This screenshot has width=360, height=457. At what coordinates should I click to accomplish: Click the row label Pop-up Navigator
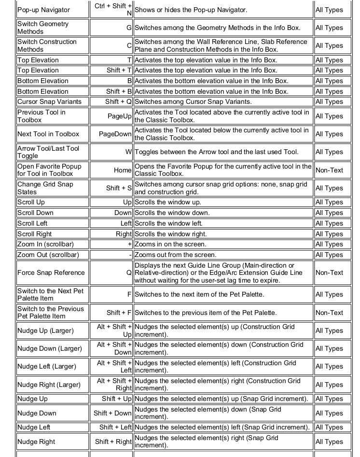(43, 10)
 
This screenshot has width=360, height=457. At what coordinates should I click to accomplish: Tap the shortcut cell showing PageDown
(115, 134)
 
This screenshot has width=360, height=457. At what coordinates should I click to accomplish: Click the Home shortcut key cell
(123, 170)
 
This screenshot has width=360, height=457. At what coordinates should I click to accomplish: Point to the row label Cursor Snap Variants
(49, 102)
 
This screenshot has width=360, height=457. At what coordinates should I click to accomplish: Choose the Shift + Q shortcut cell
(118, 102)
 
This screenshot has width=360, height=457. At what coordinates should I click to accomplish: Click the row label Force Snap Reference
(51, 273)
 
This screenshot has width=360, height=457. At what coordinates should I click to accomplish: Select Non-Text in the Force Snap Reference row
(329, 273)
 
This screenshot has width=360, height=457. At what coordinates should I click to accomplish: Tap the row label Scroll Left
(32, 224)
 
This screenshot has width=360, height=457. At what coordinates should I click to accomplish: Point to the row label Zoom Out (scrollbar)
(48, 255)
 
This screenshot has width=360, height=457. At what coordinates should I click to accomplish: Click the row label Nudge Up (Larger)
(45, 331)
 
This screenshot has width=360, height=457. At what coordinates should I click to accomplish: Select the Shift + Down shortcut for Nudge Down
(112, 414)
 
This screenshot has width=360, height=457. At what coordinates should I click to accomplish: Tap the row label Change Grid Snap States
(45, 188)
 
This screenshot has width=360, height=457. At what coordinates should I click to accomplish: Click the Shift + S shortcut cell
(119, 188)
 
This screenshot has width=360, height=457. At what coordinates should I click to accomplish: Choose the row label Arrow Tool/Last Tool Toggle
(48, 152)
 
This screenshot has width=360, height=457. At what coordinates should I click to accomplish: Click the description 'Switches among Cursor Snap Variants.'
(193, 102)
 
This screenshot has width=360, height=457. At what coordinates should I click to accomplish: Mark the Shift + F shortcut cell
(119, 313)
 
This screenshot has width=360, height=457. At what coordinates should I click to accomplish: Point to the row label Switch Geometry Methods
(43, 28)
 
